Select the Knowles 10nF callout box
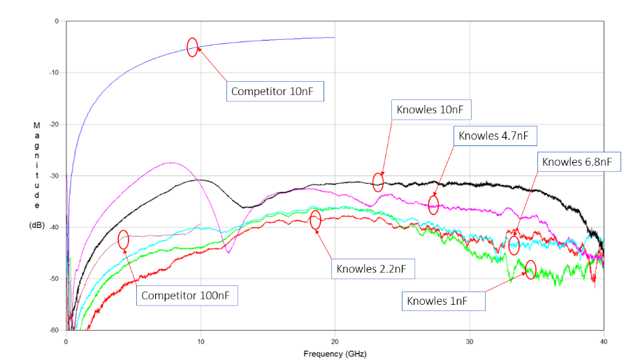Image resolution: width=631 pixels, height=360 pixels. (x=433, y=110)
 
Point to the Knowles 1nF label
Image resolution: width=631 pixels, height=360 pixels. (x=444, y=301)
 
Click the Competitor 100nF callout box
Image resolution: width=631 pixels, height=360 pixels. (x=187, y=296)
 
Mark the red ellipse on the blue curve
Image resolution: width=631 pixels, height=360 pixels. (x=192, y=47)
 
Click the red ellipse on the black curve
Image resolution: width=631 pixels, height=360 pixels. (x=378, y=182)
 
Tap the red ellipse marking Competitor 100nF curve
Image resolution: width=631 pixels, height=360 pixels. (x=124, y=240)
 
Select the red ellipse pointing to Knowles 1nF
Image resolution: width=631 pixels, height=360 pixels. (x=530, y=269)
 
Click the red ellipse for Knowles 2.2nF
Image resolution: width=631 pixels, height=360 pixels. (x=315, y=219)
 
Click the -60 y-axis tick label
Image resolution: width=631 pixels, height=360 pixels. (x=55, y=330)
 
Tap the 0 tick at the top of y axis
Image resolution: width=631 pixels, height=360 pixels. (x=57, y=22)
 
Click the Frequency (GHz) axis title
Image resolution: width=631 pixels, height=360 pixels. (x=334, y=353)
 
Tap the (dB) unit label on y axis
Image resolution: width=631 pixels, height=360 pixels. (x=36, y=226)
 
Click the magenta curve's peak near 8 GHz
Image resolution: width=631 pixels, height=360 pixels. (x=171, y=163)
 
